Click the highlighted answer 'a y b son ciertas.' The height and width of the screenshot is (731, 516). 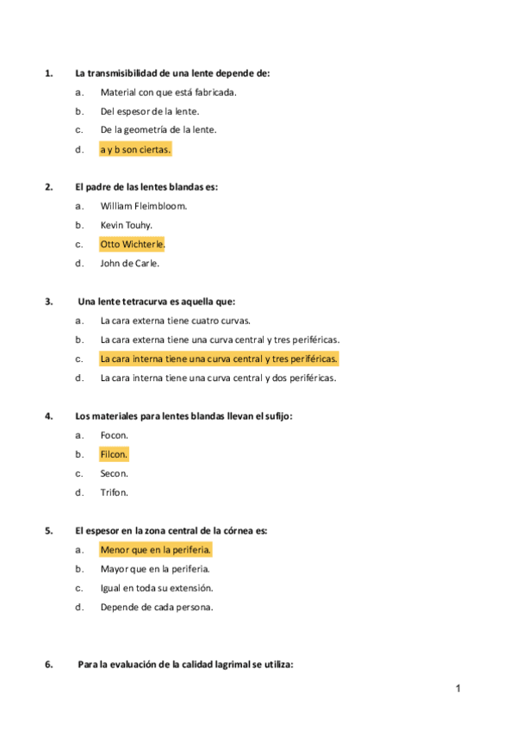point(135,149)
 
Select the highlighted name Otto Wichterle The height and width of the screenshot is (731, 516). point(132,244)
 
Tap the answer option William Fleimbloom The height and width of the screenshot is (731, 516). point(143,206)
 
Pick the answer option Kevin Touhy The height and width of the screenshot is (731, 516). point(126,225)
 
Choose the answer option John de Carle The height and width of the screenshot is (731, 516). point(129,263)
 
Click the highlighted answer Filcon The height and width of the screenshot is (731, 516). point(114,454)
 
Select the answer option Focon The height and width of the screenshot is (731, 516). point(114,435)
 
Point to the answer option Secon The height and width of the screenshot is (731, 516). point(114,473)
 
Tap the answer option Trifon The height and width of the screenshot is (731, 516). point(114,492)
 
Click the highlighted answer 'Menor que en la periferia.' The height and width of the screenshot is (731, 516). point(155,549)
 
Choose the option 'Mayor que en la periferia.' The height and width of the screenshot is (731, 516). point(155,569)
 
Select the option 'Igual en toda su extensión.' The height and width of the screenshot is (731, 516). point(156,588)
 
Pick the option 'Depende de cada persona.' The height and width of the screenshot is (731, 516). point(156,607)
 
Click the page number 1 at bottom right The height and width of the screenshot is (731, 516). point(459,688)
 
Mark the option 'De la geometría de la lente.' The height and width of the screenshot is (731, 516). point(158,130)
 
